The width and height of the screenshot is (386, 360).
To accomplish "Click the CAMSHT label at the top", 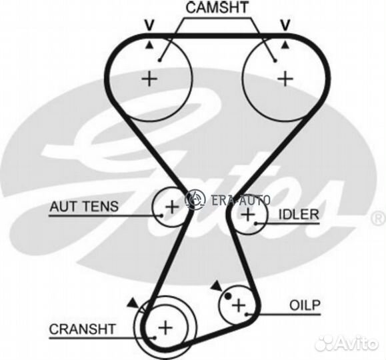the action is point(217,7).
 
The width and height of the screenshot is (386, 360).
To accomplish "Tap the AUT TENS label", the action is point(84,207).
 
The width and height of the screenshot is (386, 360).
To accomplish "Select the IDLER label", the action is point(299,215).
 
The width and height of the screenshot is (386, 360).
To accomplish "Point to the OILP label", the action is point(305,305).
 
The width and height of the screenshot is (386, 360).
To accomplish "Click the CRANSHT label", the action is point(82,329).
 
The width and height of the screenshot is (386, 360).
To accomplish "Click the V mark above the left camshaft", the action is point(149,25).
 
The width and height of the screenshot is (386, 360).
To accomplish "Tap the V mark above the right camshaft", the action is point(285,25).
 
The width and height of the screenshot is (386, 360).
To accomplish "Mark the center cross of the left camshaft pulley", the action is point(149,79).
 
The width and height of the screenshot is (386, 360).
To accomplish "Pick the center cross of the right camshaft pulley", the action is point(285,79).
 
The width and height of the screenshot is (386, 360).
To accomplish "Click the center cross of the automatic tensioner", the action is point(172,207).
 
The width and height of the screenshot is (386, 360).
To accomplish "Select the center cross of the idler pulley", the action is point(247,215).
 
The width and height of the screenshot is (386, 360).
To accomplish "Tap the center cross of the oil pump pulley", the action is point(239,305).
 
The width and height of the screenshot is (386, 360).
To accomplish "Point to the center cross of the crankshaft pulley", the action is point(165,328).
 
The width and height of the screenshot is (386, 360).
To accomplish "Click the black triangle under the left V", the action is point(149,45).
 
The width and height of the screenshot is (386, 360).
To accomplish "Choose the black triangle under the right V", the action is point(285,45).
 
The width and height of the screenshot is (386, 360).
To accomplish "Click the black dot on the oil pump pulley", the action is point(228,296).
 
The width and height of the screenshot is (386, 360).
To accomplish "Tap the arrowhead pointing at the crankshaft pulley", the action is point(133,303).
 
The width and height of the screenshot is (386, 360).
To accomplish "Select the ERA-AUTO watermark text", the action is point(241,200).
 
